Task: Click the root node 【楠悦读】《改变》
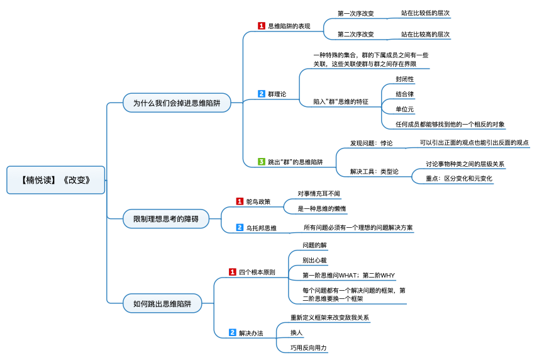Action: (x=56, y=180)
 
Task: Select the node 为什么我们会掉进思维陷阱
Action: (x=177, y=103)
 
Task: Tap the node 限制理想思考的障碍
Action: (x=166, y=219)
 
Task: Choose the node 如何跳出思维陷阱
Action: (x=162, y=303)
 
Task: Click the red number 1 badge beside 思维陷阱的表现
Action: (x=262, y=26)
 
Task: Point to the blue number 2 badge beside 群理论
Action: (x=262, y=94)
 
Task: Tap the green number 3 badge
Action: (x=262, y=162)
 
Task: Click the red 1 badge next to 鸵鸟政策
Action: (x=240, y=201)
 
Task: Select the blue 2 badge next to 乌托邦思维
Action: (x=240, y=227)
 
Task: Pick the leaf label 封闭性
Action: (x=405, y=79)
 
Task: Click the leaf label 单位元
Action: (x=405, y=110)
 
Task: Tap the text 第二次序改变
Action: (x=355, y=34)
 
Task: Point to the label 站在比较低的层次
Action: (x=425, y=13)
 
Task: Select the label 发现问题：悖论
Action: (x=371, y=143)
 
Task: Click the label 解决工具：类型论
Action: (x=374, y=171)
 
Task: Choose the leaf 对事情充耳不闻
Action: (x=319, y=194)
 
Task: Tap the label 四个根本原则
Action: (x=257, y=273)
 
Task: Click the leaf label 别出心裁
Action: (x=314, y=260)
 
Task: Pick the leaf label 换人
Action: (x=297, y=332)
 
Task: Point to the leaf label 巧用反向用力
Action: (x=309, y=347)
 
